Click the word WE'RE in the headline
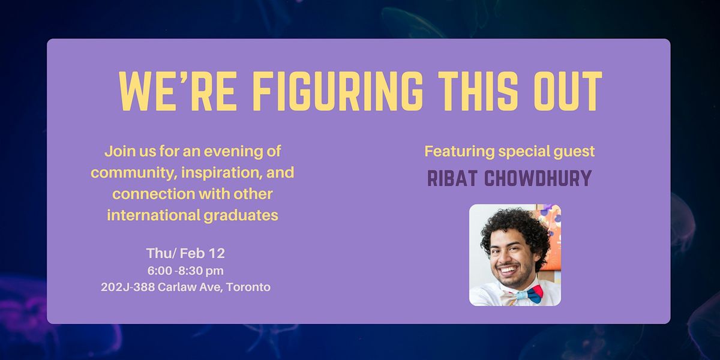coord(178,91)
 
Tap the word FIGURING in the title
coord(338,91)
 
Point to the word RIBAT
coord(452,178)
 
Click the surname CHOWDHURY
coord(538,178)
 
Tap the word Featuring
coord(460,152)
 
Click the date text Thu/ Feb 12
coord(185,253)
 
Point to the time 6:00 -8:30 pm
coord(185,271)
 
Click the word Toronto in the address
coord(248,287)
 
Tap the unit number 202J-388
coord(128,287)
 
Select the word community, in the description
coord(134,173)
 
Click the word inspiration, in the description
coord(222,173)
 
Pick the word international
coord(154,215)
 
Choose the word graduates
coord(241,215)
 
